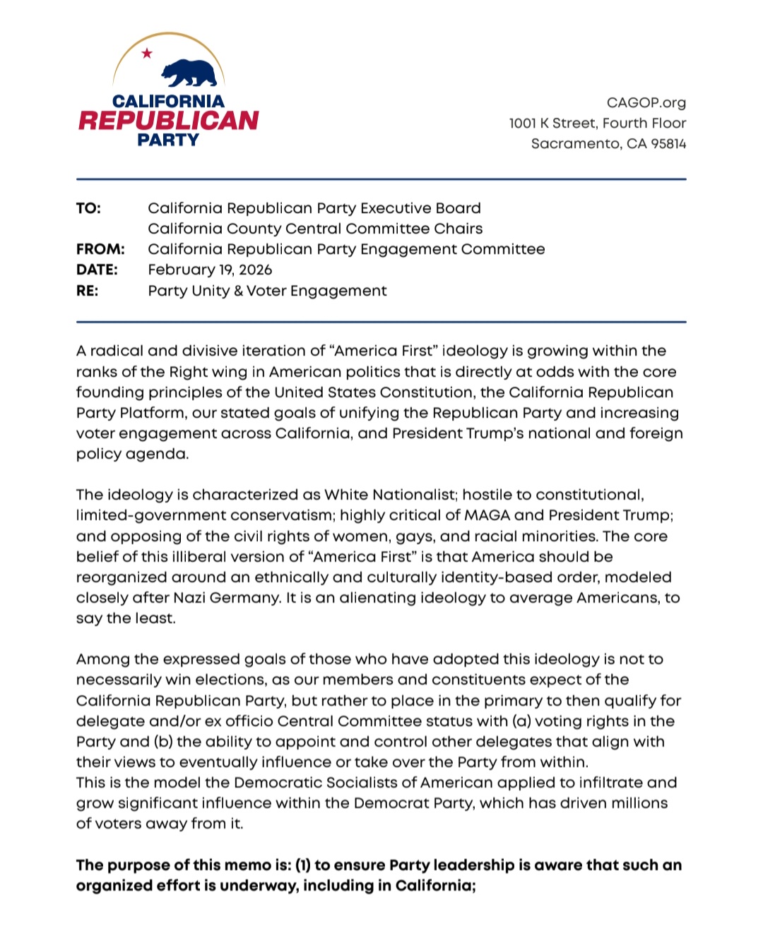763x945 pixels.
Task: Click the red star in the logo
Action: [147, 54]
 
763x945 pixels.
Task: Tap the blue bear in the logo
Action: [189, 73]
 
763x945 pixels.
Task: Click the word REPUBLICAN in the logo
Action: [169, 121]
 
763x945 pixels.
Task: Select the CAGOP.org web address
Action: [646, 103]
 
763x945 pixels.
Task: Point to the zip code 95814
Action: [668, 144]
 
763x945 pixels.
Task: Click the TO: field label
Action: [88, 208]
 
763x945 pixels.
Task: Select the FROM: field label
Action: [100, 249]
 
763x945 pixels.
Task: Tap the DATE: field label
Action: [97, 270]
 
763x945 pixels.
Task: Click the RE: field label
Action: [88, 291]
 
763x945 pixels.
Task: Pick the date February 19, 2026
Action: [210, 270]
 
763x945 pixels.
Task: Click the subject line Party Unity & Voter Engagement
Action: [267, 291]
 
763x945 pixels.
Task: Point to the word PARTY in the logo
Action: [168, 140]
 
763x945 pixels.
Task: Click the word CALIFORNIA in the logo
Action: [168, 102]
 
